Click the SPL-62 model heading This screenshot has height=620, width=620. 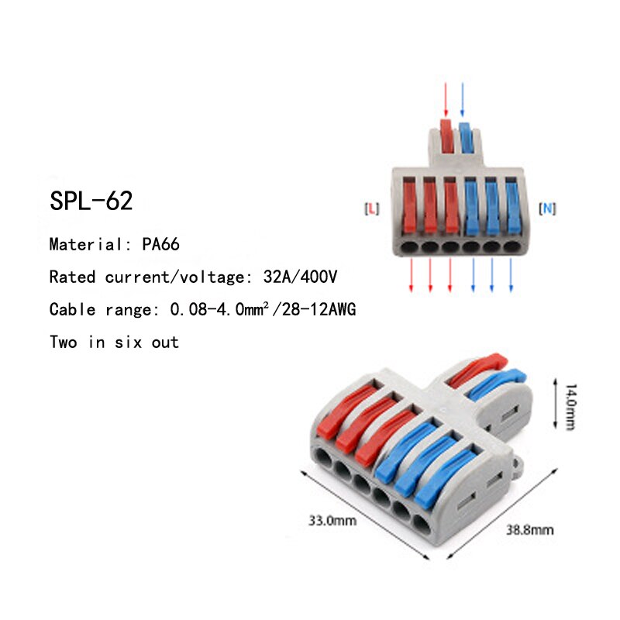coord(91,201)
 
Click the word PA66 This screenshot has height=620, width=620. coord(160,245)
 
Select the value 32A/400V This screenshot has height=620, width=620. coord(299,277)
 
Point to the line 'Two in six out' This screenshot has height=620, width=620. coord(114,342)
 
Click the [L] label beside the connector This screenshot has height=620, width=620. coord(371,208)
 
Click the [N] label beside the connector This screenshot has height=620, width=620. coord(548,208)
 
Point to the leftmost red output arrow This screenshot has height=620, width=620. coord(411,274)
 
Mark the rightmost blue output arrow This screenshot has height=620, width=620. coord(511,274)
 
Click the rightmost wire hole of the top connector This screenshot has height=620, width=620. coord(511,246)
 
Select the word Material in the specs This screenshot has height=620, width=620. coord(82,245)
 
